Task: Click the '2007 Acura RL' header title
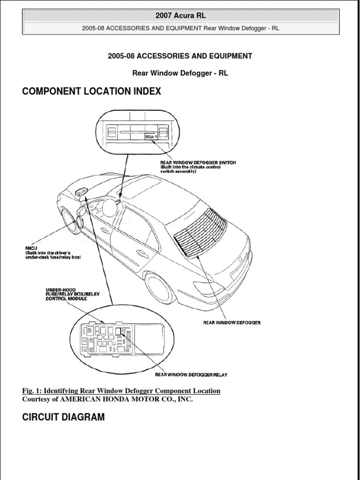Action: tap(180, 16)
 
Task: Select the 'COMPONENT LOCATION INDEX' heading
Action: tap(91, 91)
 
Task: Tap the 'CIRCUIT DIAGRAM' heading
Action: tap(63, 417)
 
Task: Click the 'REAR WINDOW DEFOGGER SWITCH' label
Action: tap(197, 163)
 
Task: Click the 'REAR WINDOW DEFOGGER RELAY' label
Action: tap(192, 374)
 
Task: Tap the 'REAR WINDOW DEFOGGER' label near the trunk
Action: tap(232, 322)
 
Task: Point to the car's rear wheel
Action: tap(159, 286)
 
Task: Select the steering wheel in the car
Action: tap(109, 207)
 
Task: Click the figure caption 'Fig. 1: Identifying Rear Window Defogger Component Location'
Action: tap(121, 390)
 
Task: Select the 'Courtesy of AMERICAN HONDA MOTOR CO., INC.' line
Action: tap(107, 399)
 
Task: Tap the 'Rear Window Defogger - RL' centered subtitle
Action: tap(180, 74)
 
